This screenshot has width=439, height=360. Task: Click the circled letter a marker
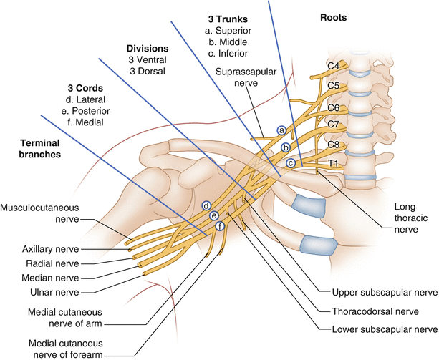pyautogui.click(x=281, y=130)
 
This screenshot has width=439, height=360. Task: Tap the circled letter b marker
pyautogui.click(x=286, y=147)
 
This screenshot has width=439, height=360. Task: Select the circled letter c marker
pyautogui.click(x=290, y=163)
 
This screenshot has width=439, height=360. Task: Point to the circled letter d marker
pyautogui.click(x=206, y=206)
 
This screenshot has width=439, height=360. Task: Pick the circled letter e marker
pyautogui.click(x=213, y=215)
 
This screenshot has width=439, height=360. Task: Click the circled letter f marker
pyautogui.click(x=220, y=226)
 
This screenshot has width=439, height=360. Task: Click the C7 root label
pyautogui.click(x=333, y=125)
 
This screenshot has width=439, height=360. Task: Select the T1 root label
pyautogui.click(x=332, y=164)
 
